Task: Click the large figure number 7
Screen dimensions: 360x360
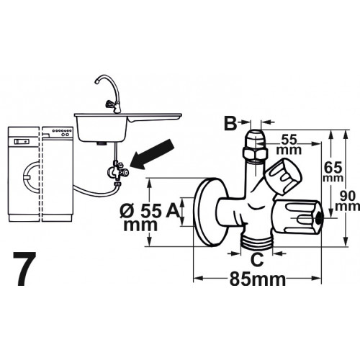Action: point(24,269)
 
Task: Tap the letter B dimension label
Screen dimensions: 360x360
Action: point(230,123)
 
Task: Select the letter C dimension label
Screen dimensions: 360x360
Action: point(257,259)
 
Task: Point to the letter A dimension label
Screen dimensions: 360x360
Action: point(172,210)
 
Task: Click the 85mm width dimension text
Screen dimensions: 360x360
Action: point(258,279)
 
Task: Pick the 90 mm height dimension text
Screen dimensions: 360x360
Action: point(348,202)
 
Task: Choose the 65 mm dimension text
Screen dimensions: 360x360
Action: point(333,172)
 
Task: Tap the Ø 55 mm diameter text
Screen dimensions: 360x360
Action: point(141,218)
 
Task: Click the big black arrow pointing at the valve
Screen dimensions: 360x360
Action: point(153,154)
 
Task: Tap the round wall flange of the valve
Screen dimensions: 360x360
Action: point(209,212)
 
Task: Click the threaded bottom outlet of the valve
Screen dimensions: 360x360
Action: point(257,243)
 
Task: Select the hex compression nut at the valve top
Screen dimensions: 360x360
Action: point(255,154)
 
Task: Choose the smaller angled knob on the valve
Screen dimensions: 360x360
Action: point(283,176)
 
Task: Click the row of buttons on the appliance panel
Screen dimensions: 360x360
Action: point(63,131)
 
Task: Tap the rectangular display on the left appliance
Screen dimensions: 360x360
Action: point(22,141)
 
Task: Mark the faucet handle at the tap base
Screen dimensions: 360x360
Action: point(110,104)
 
